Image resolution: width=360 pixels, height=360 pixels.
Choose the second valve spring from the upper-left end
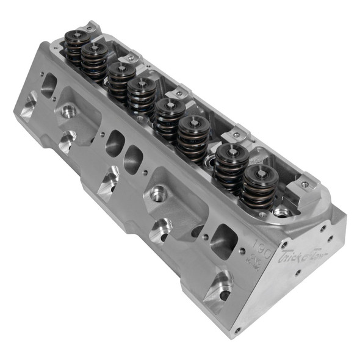click(96, 59)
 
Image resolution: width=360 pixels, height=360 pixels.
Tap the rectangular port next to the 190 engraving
click(223, 239)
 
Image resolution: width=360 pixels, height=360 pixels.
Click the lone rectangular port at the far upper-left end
click(49, 85)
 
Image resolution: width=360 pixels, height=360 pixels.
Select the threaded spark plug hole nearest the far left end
click(68, 112)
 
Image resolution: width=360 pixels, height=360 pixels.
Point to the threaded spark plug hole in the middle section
click(159, 195)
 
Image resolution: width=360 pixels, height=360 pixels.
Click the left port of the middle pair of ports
click(114, 143)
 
